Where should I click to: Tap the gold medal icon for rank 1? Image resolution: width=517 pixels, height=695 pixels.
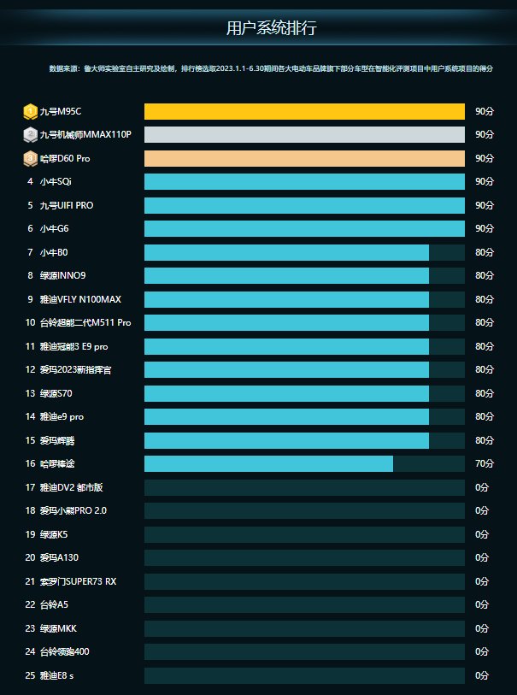(x=30, y=111)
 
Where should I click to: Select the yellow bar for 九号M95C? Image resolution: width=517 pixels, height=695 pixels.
(x=304, y=111)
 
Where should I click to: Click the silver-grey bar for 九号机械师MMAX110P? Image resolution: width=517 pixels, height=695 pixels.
(x=304, y=134)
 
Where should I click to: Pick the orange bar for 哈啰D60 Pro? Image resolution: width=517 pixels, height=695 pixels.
(x=304, y=158)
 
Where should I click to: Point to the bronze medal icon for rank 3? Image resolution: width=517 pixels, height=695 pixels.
(x=30, y=158)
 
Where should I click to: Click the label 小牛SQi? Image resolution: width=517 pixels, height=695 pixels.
(x=56, y=181)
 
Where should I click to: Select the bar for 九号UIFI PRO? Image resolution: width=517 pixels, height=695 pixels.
(x=304, y=205)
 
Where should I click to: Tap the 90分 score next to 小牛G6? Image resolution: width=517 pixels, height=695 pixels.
(x=485, y=228)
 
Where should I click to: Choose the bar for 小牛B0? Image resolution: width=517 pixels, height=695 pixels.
(x=286, y=252)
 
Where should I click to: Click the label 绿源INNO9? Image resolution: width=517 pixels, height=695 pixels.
(x=62, y=275)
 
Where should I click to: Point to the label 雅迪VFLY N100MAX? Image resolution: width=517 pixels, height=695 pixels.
(x=80, y=299)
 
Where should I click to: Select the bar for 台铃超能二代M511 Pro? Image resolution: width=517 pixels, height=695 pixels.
(x=286, y=322)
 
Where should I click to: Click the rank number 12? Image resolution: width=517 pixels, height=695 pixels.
(x=30, y=369)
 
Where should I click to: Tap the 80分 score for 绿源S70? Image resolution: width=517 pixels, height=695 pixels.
(x=485, y=393)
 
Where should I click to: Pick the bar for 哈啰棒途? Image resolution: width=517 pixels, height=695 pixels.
(x=268, y=463)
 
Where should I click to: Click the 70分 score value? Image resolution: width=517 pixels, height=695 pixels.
(x=485, y=463)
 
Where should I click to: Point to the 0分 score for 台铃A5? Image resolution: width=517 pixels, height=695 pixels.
(x=482, y=604)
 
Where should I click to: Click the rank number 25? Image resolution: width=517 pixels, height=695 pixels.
(x=30, y=675)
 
